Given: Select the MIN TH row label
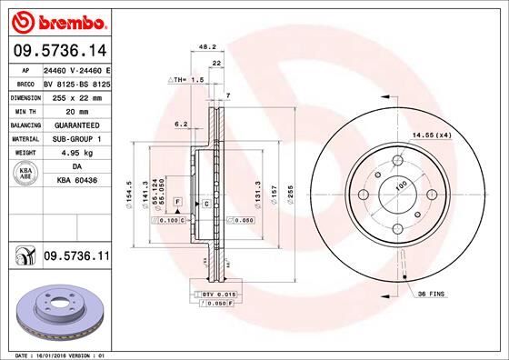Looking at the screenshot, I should [x=23, y=110].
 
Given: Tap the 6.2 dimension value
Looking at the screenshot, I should [x=180, y=123].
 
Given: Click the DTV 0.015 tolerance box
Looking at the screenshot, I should [x=209, y=295].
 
